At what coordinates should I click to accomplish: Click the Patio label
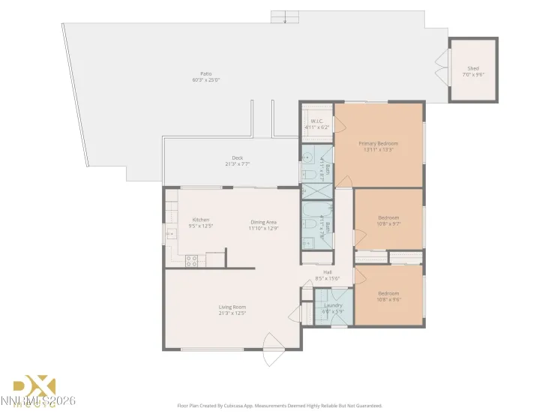pos(205,73)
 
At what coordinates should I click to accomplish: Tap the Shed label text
pos(473,68)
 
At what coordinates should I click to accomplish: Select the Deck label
pos(237,157)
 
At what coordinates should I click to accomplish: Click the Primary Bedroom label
pos(378,143)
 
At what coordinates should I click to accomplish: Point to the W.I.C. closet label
pos(316,121)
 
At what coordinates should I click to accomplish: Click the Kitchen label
pos(200,220)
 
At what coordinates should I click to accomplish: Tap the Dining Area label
pos(264,221)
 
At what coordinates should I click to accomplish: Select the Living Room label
pos(232,307)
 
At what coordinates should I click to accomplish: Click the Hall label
pos(328,272)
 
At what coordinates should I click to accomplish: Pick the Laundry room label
pos(333,305)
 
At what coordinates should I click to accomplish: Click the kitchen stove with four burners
pos(192,260)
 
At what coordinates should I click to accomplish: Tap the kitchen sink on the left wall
pos(169,234)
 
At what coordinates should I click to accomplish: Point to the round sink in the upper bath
pos(307,158)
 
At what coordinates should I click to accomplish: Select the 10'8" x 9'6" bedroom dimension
pos(388,299)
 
